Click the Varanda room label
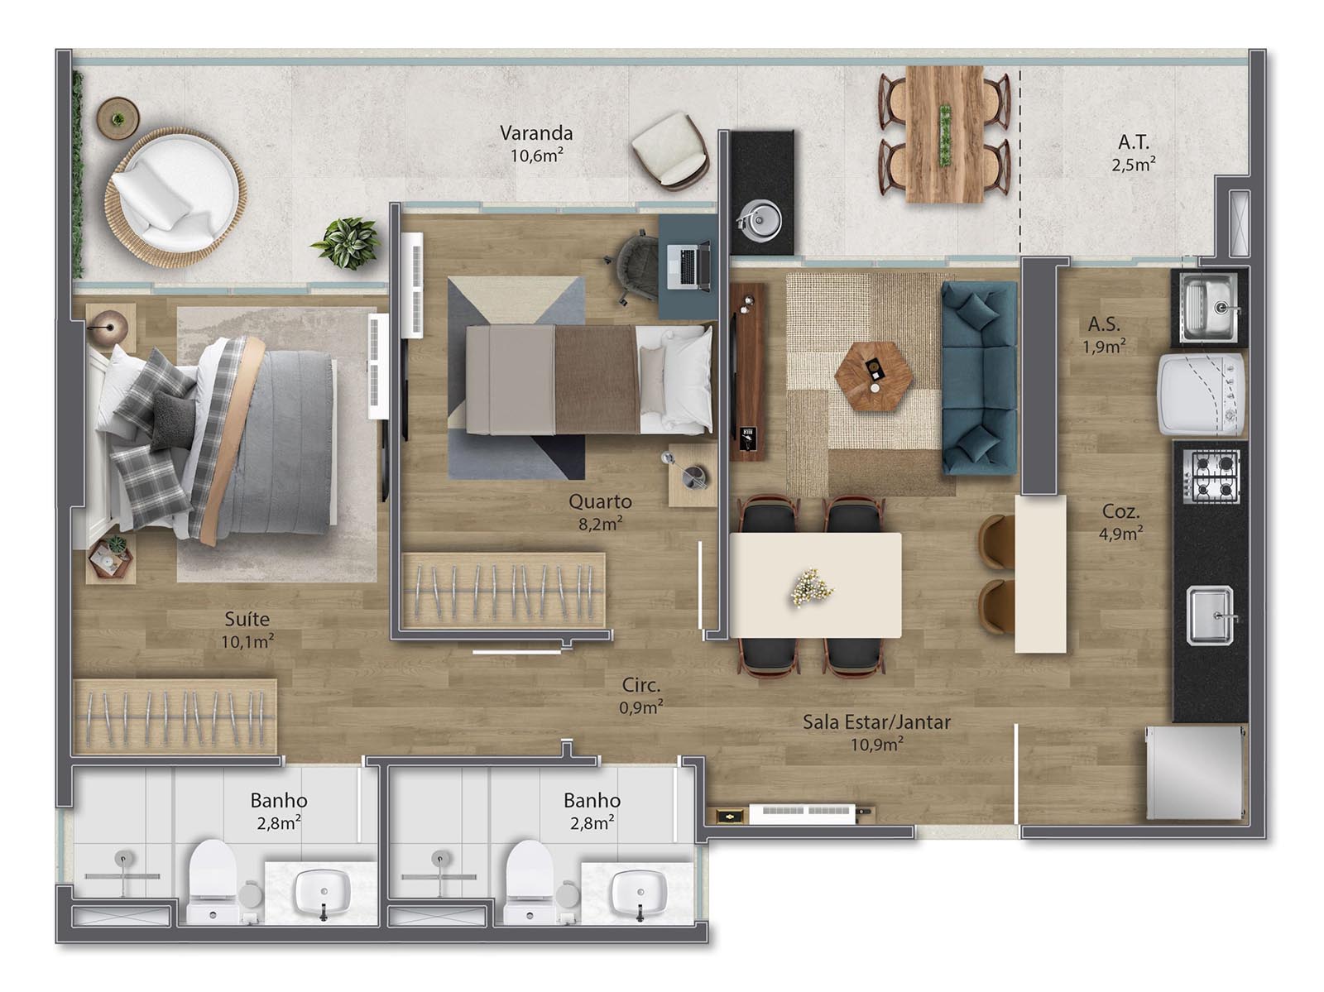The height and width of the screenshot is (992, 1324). pyautogui.click(x=535, y=132)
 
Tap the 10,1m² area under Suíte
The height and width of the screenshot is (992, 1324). pyautogui.click(x=247, y=641)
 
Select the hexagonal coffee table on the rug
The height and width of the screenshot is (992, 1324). pyautogui.click(x=873, y=377)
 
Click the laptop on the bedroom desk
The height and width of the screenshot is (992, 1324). pyautogui.click(x=688, y=266)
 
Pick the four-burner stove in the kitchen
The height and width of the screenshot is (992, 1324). pyautogui.click(x=1211, y=477)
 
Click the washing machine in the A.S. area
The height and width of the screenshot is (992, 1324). pyautogui.click(x=1201, y=394)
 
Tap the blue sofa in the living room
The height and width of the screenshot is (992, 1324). pyautogui.click(x=979, y=378)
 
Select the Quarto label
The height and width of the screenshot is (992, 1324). pyautogui.click(x=600, y=501)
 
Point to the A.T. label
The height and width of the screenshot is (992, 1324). pyautogui.click(x=1134, y=141)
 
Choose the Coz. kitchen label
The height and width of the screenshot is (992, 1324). pyautogui.click(x=1120, y=511)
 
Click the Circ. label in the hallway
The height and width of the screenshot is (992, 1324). pyautogui.click(x=640, y=685)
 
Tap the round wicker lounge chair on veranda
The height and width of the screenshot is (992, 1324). pyautogui.click(x=175, y=197)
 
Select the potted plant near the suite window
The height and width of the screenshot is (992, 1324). pyautogui.click(x=347, y=242)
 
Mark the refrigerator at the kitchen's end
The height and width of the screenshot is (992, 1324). pyautogui.click(x=1194, y=773)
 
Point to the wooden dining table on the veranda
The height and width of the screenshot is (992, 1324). pyautogui.click(x=945, y=134)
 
